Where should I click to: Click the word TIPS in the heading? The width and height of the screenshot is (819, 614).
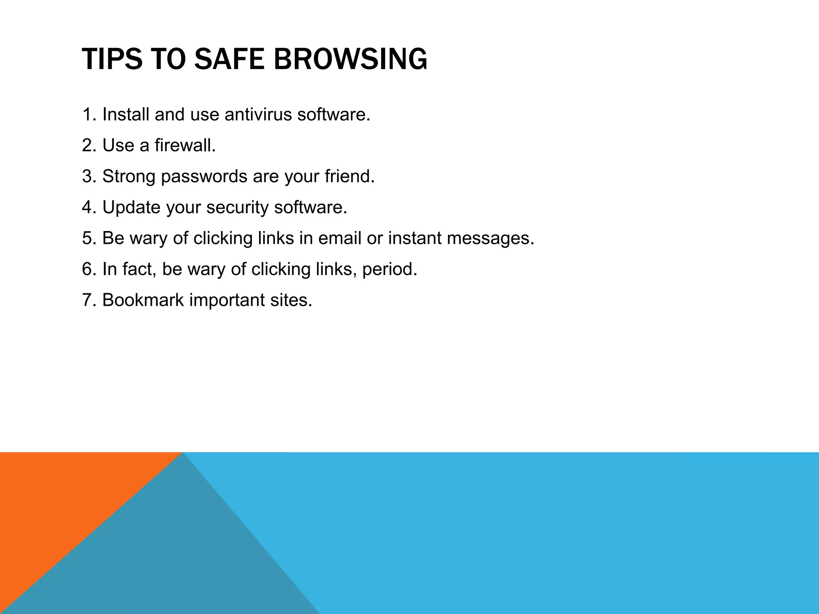click(x=112, y=59)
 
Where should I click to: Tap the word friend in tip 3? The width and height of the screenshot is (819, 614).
click(x=349, y=176)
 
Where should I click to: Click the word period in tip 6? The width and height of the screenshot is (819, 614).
click(x=389, y=269)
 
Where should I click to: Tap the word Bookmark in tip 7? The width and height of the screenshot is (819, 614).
click(x=143, y=300)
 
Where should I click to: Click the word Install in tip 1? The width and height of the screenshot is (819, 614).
click(x=126, y=115)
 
